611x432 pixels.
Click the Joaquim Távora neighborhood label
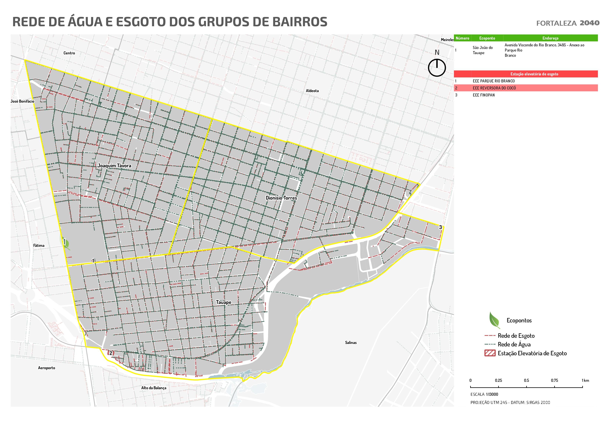pyautogui.click(x=114, y=166)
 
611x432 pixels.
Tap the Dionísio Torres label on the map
pyautogui.click(x=281, y=198)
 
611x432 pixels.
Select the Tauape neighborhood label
pyautogui.click(x=224, y=302)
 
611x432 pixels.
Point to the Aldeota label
pyautogui.click(x=312, y=91)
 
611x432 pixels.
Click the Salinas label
pyautogui.click(x=351, y=343)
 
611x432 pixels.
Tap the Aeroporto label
pyautogui.click(x=47, y=368)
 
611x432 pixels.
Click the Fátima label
pyautogui.click(x=39, y=245)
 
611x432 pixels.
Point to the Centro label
pyautogui.click(x=69, y=53)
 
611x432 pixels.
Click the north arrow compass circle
pyautogui.click(x=437, y=68)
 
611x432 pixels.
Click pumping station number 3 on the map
pyautogui.click(x=440, y=227)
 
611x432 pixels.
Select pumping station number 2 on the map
pyautogui.click(x=111, y=353)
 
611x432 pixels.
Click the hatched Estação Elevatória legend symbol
pyautogui.click(x=490, y=353)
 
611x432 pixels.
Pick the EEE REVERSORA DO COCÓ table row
pyautogui.click(x=526, y=88)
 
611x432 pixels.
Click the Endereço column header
pyautogui.click(x=550, y=38)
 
